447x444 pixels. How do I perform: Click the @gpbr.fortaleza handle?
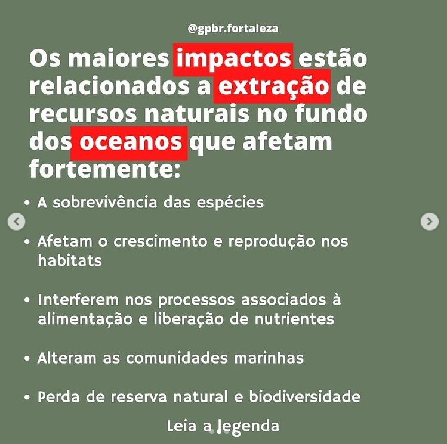(x=233, y=29)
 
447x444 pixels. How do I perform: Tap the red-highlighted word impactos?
(x=233, y=58)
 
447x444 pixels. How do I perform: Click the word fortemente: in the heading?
(x=105, y=169)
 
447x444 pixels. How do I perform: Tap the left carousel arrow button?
(x=16, y=222)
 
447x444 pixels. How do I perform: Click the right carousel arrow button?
(x=430, y=222)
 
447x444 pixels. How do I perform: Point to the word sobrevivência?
(x=105, y=203)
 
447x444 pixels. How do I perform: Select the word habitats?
(x=70, y=260)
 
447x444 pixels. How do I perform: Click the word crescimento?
(x=160, y=241)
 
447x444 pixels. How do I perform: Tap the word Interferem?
(x=78, y=300)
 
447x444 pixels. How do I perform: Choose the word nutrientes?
(x=294, y=319)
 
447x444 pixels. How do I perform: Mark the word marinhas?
(x=269, y=358)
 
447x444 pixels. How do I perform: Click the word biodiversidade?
(x=305, y=397)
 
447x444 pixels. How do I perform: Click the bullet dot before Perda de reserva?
(x=27, y=398)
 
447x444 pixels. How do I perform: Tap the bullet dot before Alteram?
(x=27, y=358)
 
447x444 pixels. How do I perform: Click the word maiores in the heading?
(x=119, y=58)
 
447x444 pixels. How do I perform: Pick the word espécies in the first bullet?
(x=230, y=203)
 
